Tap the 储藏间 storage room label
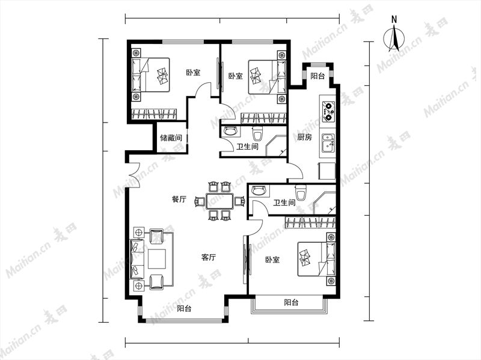point(171,138)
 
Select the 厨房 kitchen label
point(304,137)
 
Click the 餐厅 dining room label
point(179,200)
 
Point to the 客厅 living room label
point(209,257)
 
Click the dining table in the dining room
point(219,201)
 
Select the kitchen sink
point(328,144)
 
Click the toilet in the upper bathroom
point(258,133)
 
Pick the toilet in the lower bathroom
point(300,192)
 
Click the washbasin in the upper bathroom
point(231,131)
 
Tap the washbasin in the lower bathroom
point(258,191)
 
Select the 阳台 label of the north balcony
point(317,76)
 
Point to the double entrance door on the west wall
point(134,174)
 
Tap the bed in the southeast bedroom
point(316,258)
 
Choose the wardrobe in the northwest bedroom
point(154,114)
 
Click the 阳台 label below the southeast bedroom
point(291,303)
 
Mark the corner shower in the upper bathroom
point(276,146)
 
